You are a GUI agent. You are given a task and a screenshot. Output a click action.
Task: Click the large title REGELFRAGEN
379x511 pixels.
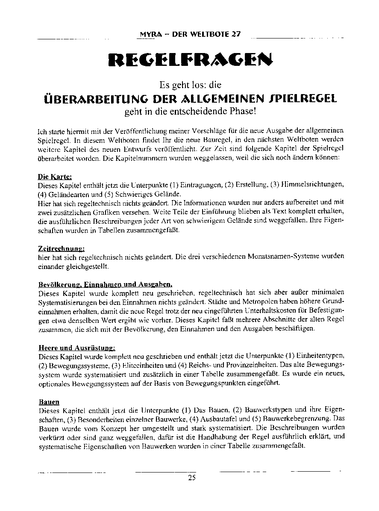pos(190,60)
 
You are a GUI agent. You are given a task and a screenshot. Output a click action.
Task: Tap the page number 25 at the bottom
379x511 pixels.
pos(191,478)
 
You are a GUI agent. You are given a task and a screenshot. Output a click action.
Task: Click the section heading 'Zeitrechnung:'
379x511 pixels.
pos(61,248)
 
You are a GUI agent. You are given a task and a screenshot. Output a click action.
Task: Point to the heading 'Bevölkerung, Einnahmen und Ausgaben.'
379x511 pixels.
pos(105,284)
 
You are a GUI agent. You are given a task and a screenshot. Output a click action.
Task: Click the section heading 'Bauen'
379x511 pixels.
pos(49,402)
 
